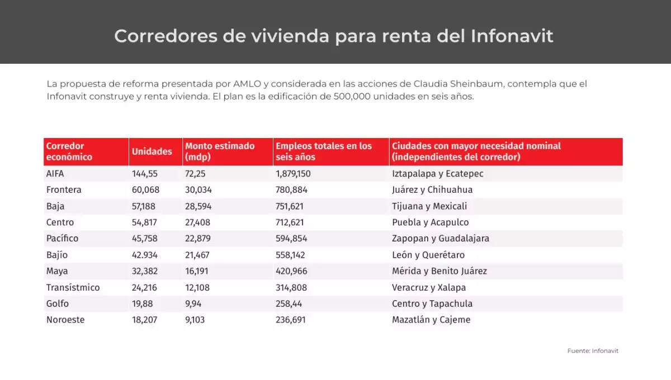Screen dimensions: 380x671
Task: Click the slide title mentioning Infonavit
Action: [334, 36]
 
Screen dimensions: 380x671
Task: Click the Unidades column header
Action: [152, 151]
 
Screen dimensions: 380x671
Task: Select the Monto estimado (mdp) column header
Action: [220, 151]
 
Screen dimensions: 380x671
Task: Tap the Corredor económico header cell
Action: [69, 151]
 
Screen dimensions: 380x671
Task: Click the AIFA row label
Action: [55, 174]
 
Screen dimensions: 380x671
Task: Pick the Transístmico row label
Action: [73, 288]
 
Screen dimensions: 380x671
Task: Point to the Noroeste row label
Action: [66, 320]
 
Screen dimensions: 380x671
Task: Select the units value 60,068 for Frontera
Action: [145, 190]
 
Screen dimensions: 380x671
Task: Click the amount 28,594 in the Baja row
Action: [199, 206]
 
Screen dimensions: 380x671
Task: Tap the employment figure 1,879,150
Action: [293, 174]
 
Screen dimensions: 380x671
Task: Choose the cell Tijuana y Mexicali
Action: [429, 206]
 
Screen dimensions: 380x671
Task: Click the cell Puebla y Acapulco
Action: [431, 222]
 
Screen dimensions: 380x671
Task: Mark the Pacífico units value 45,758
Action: [145, 239]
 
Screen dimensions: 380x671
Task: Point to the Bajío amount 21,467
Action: [199, 255]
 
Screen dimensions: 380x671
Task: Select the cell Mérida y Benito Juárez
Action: [440, 271]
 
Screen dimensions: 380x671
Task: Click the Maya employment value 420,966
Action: [291, 271]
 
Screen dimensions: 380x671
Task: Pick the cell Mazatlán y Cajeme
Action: [431, 320]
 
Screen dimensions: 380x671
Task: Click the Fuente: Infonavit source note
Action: [593, 351]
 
